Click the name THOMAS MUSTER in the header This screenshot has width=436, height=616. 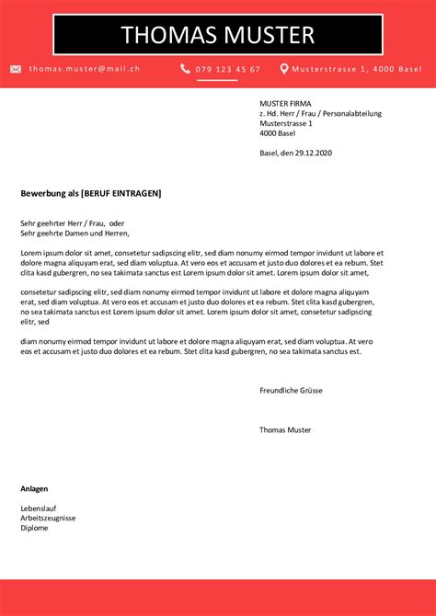(x=217, y=36)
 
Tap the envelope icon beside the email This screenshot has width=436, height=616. (x=16, y=69)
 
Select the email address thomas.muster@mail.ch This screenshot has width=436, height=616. (x=84, y=69)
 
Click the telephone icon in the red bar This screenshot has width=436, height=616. (x=185, y=69)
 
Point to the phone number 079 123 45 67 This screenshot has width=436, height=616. (x=227, y=69)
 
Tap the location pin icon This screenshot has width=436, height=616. (x=284, y=69)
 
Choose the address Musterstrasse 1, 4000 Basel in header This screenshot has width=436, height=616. (x=357, y=69)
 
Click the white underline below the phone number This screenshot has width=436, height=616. (x=216, y=80)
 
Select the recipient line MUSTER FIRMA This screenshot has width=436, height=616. (x=286, y=103)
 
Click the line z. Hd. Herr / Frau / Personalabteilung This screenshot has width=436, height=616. (x=320, y=113)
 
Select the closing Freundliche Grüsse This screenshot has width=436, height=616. (x=291, y=390)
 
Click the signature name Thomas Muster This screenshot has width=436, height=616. (x=285, y=429)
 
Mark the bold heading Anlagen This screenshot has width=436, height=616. (x=34, y=488)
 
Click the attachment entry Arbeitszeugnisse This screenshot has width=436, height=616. (x=48, y=518)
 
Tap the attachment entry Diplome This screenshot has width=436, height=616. (x=34, y=528)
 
